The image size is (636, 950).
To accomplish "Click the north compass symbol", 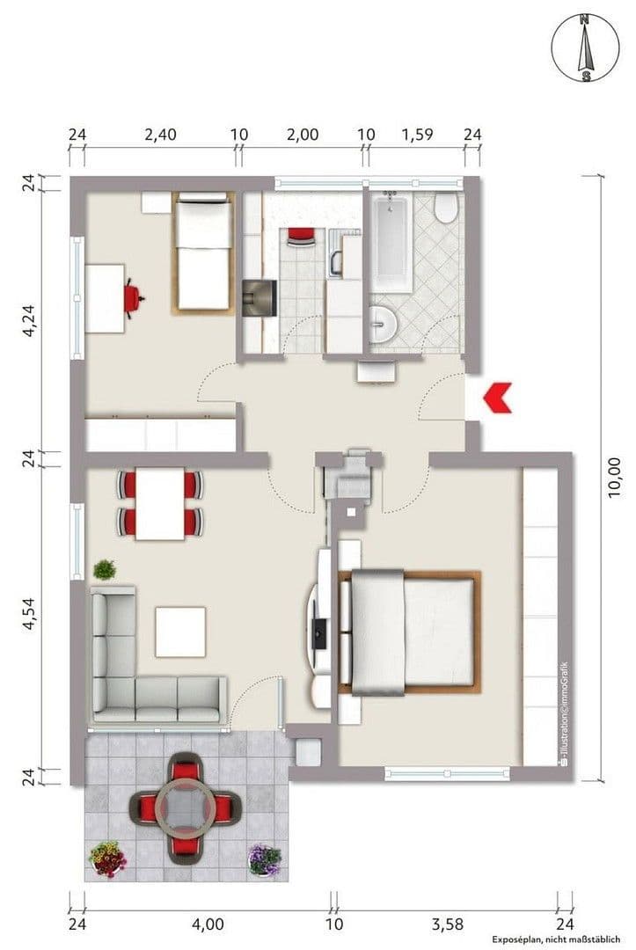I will [x=584, y=48].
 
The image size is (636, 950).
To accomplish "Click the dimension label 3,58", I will [x=447, y=924].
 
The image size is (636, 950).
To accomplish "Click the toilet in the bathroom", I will [x=446, y=208].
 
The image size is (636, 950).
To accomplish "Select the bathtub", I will [x=390, y=244].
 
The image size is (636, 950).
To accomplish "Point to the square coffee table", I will [x=180, y=631].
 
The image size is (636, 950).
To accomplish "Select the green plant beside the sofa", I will [x=105, y=569].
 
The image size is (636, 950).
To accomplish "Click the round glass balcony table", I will [x=186, y=803].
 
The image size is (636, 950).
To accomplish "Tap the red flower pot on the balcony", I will [x=107, y=857].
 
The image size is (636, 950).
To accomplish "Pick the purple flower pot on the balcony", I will [x=264, y=858].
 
